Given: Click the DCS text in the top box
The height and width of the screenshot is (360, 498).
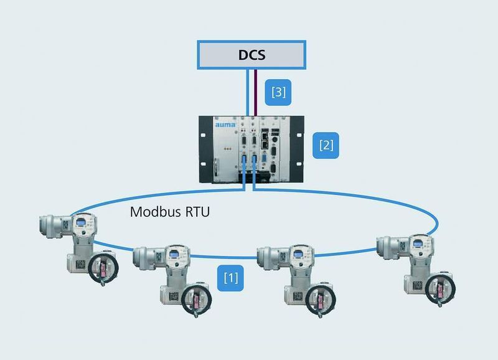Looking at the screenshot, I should pos(251,54).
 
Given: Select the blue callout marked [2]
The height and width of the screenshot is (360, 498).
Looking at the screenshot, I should pos(327,146).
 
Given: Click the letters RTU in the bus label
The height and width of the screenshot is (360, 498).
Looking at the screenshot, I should pos(195,211).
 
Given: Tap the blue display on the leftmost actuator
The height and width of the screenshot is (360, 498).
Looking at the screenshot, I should pos(81,222).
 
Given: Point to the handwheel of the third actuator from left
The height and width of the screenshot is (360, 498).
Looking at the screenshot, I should pos(320,296).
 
